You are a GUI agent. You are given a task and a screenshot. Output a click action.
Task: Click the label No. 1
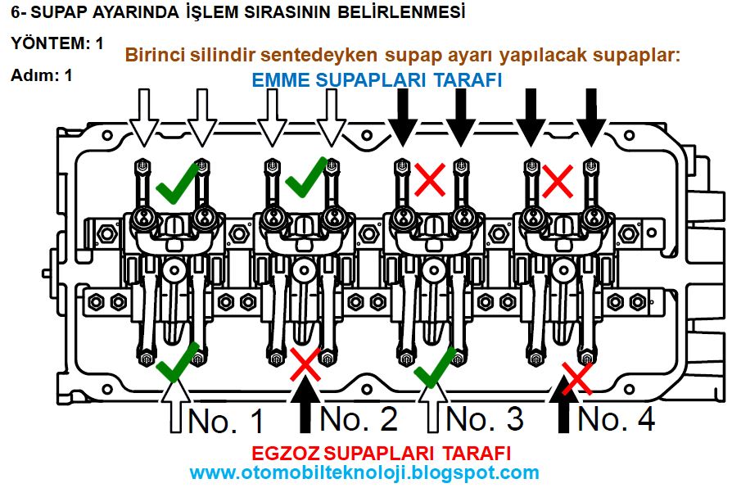pos(227,420)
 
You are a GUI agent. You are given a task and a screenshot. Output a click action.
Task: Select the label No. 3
pos(485,418)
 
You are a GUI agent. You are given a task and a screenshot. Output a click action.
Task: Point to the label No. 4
pos(616,418)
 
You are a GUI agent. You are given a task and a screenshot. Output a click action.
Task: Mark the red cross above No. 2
pos(305,364)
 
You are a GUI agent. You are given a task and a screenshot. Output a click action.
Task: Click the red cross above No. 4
pos(576,377)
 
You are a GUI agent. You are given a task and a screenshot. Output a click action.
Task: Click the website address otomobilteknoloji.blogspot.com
pos(364,472)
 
